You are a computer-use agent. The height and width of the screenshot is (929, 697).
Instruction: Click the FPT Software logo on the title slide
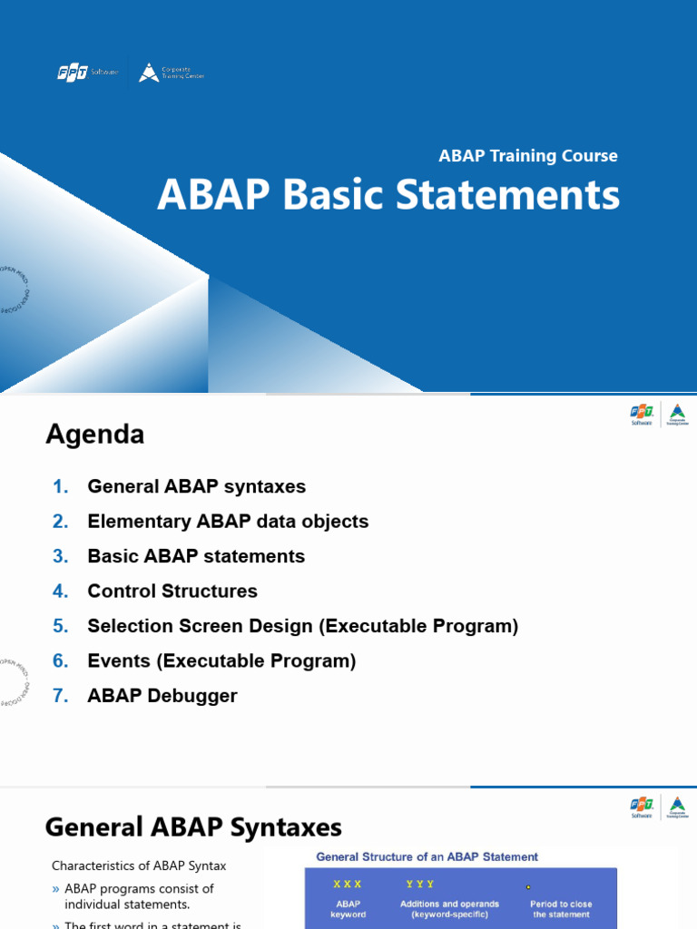point(87,73)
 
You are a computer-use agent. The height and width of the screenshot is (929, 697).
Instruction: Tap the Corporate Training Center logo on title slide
point(172,73)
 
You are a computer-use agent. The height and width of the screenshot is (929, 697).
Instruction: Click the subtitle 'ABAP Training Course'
point(528,156)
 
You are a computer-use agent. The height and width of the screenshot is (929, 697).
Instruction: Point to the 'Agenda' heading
point(95,435)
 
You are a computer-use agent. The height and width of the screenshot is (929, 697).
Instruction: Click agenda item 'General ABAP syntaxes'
point(196,487)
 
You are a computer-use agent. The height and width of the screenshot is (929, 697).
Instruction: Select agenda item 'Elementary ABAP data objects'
point(228,522)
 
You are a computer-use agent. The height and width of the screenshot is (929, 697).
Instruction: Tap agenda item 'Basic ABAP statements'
point(196,556)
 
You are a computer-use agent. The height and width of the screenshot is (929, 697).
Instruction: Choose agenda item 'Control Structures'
point(172,592)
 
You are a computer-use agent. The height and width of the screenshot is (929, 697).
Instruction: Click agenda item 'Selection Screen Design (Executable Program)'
point(302,626)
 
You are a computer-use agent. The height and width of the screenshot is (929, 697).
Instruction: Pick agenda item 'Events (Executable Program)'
point(221,661)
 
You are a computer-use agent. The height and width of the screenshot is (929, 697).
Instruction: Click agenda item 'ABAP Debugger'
point(162,696)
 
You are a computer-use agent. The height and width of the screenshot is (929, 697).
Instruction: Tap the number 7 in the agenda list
point(61,696)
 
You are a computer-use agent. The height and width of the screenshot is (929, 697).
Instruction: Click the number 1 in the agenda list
point(61,487)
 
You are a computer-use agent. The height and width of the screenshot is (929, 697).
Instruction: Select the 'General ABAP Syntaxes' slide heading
point(193,827)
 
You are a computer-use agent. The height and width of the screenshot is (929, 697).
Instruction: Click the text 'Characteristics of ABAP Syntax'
point(139,865)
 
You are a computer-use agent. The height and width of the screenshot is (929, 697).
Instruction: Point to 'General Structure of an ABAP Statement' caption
point(427,856)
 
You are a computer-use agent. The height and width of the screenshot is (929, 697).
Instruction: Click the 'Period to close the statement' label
point(561,909)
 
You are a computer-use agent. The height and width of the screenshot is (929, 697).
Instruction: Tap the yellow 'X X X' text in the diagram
point(348,884)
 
